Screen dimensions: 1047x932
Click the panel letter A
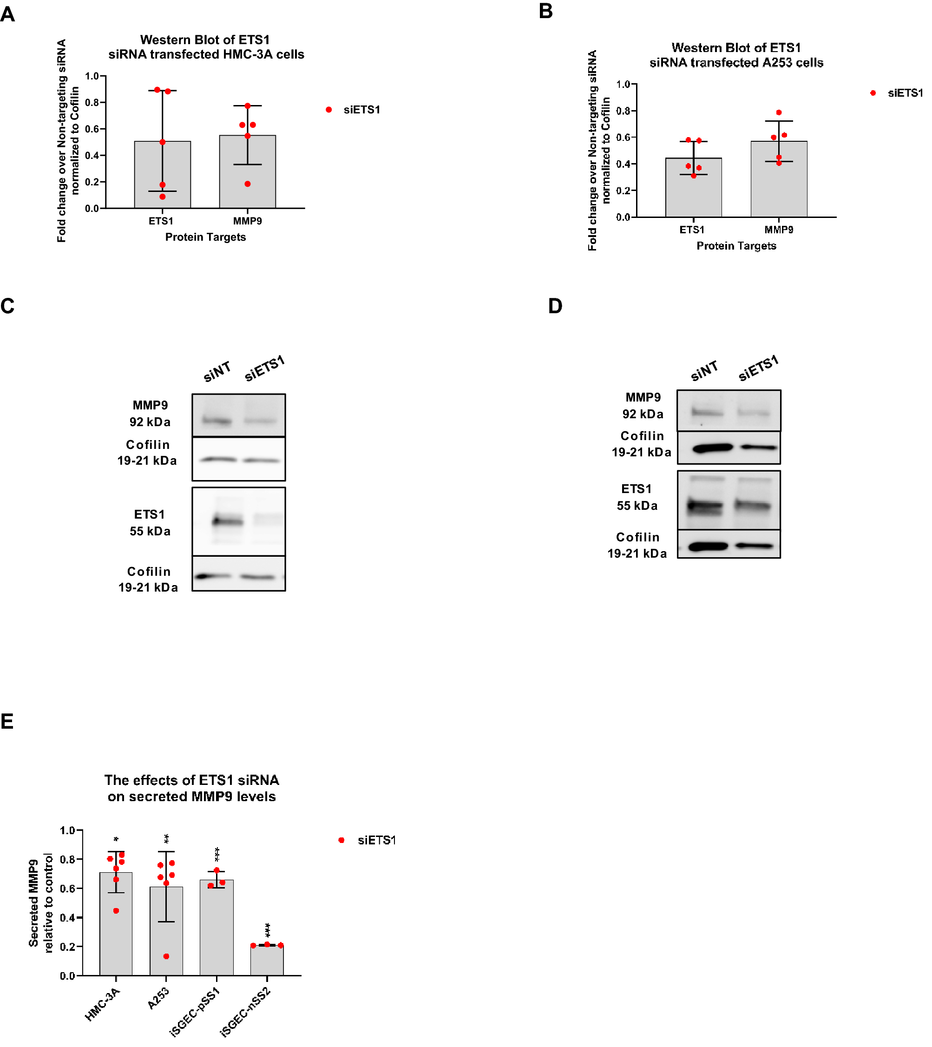(8, 14)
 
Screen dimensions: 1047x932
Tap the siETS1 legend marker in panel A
(329, 110)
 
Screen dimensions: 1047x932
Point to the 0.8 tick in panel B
(623, 111)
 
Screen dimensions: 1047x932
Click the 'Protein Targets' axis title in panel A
(205, 237)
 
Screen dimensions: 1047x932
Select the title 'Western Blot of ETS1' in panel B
(736, 48)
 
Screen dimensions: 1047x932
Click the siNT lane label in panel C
(217, 372)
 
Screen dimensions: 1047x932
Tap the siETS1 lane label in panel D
(758, 368)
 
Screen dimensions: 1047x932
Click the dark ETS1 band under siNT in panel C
(227, 522)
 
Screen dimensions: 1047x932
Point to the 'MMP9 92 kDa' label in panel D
(643, 406)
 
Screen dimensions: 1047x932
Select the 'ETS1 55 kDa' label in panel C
(150, 522)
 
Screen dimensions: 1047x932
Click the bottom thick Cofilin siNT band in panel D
(708, 547)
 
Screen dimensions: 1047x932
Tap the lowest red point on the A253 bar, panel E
(166, 956)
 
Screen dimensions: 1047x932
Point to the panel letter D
(555, 306)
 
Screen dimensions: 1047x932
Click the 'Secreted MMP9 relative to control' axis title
(40, 902)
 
